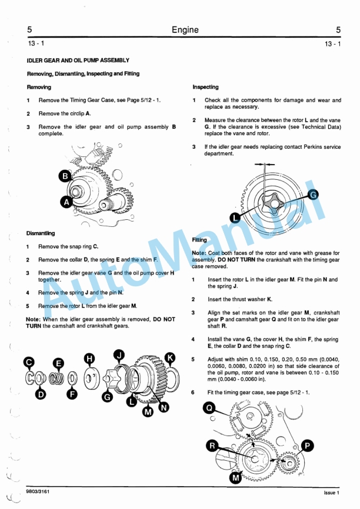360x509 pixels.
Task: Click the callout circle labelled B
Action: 66,176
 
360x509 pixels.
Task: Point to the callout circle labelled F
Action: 72,394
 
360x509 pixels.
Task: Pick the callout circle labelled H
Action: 89,358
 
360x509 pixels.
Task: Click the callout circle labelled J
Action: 119,354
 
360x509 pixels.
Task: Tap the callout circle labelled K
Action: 170,357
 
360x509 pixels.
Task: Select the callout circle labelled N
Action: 163,407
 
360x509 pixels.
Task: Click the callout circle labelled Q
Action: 209,407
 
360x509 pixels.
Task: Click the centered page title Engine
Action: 185,30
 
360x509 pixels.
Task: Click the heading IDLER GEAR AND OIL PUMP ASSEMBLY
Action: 78,61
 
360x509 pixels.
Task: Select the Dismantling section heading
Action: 41,233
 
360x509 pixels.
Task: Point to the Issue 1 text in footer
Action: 332,491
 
